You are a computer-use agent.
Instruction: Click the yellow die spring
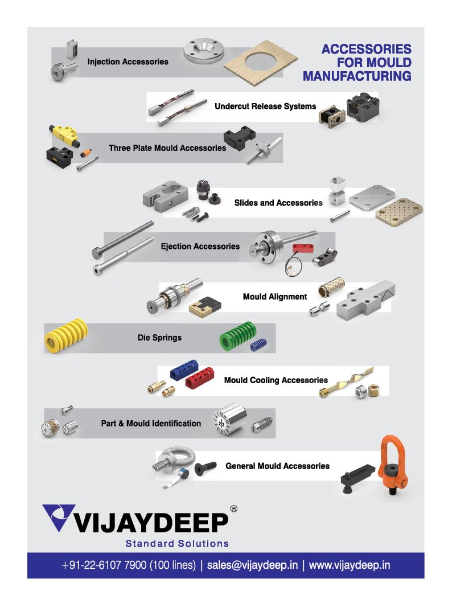tap(65, 335)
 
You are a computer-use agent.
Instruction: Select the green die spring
tap(234, 336)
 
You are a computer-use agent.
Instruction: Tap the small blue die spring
tap(258, 345)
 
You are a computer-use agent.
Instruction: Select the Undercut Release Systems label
tap(265, 106)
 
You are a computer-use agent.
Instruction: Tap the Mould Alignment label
tap(275, 297)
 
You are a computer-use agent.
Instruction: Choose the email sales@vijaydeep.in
tap(252, 565)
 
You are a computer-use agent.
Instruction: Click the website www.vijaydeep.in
tap(350, 565)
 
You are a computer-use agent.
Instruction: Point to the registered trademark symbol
tap(234, 509)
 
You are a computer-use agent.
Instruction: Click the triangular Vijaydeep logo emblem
tap(58, 517)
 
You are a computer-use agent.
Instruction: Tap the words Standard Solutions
tap(177, 543)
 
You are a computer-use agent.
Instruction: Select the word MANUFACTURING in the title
tap(357, 76)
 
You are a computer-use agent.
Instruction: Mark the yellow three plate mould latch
tap(64, 135)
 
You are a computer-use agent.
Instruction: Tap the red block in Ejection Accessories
tap(303, 248)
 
